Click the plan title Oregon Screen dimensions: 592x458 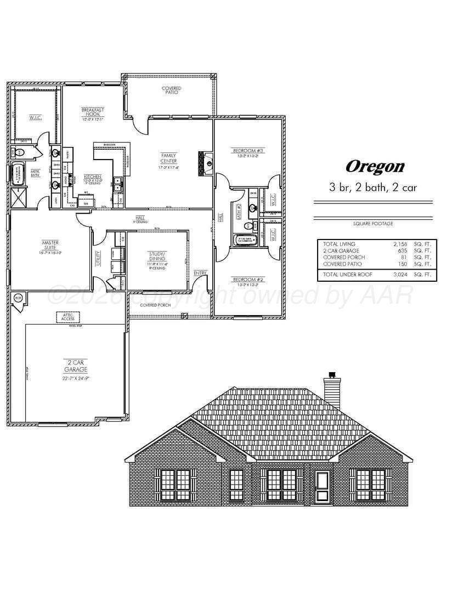(375, 166)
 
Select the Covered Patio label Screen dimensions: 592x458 (171, 90)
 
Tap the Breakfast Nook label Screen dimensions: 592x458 (93, 112)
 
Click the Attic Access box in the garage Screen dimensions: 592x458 (68, 316)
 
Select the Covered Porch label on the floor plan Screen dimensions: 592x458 (155, 305)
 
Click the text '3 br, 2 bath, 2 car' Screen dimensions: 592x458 (373, 187)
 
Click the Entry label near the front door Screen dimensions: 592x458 (200, 273)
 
